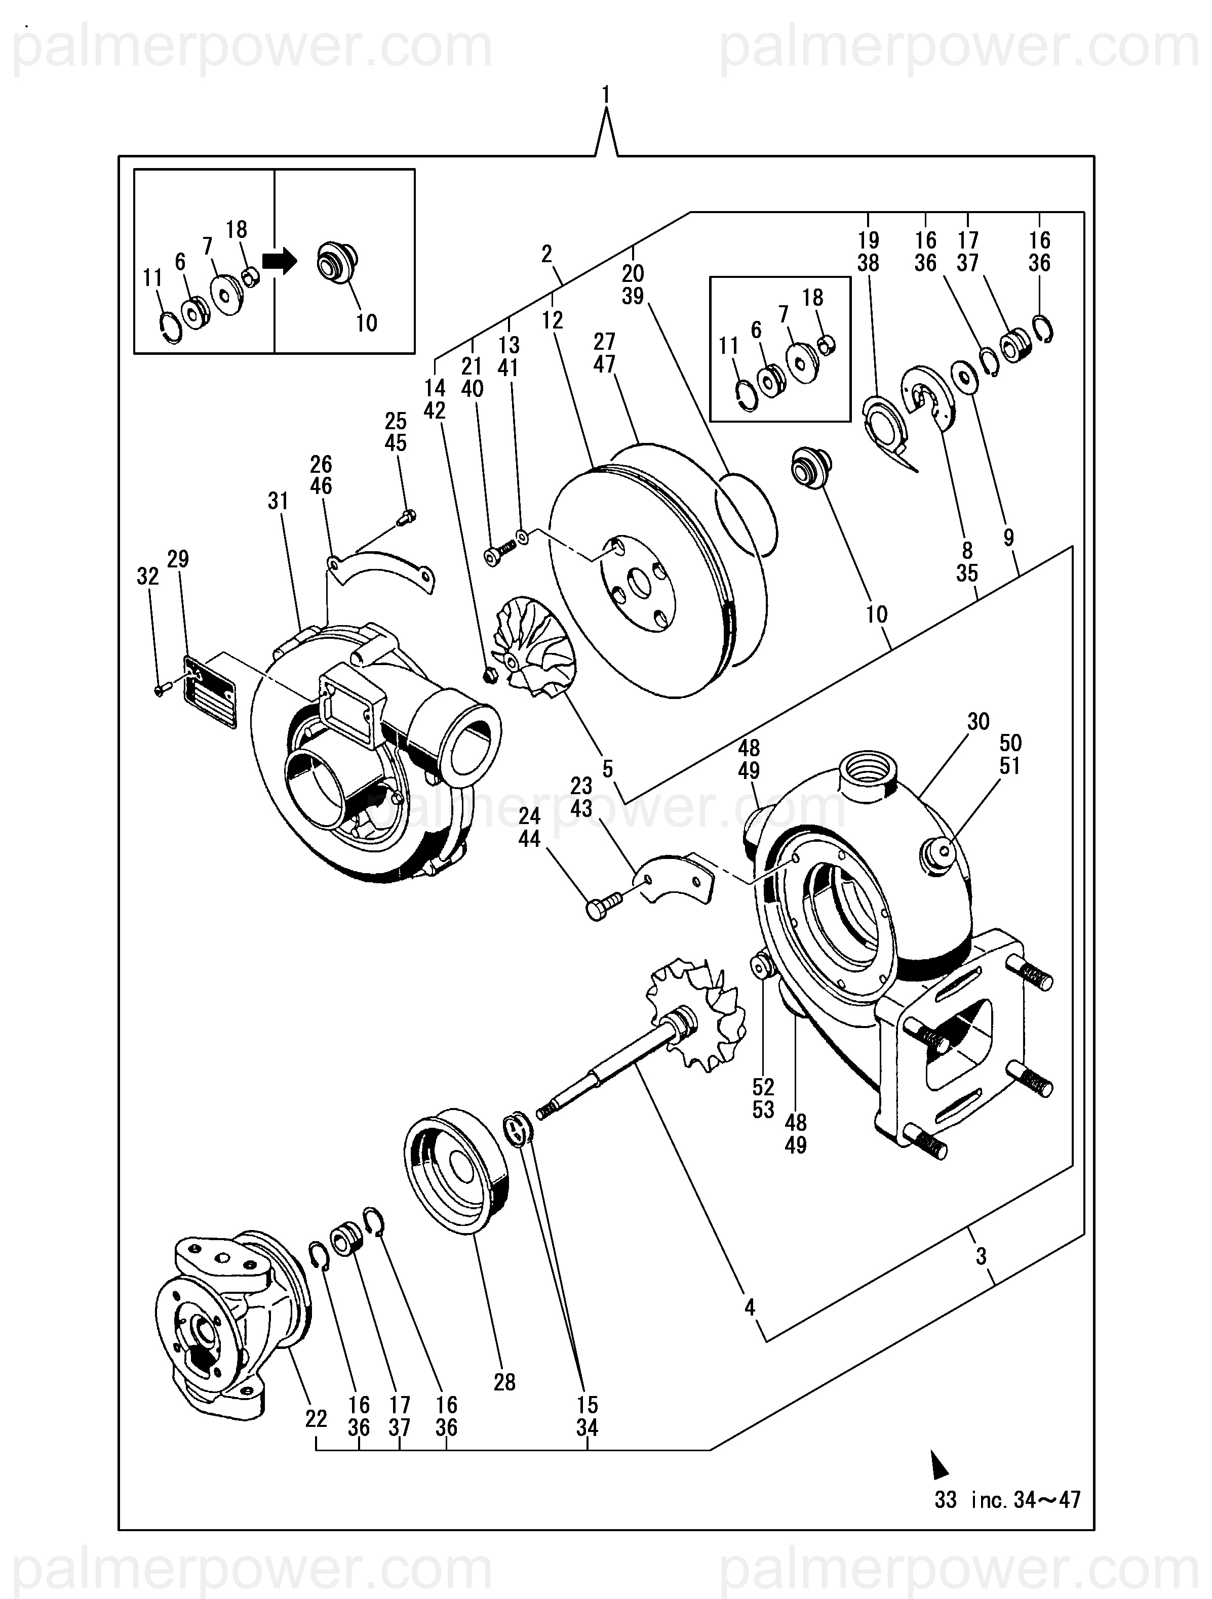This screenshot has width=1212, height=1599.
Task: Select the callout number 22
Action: click(316, 1419)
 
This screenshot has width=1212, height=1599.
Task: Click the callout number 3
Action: click(981, 1256)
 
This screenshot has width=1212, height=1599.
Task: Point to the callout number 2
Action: click(546, 253)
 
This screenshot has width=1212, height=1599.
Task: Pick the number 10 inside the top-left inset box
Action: click(367, 322)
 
